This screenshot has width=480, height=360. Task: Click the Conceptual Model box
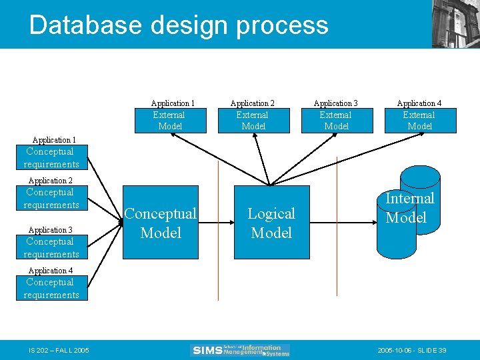click(x=161, y=223)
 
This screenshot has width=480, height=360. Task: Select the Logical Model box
click(x=271, y=223)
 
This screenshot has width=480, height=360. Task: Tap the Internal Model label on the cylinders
click(x=409, y=207)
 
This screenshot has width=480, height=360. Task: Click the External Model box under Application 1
click(x=170, y=121)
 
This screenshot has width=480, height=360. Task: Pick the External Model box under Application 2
click(x=253, y=121)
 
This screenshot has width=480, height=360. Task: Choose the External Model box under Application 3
click(x=336, y=121)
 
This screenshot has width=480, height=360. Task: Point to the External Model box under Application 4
click(x=419, y=121)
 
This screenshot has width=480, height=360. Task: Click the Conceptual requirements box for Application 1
click(x=51, y=158)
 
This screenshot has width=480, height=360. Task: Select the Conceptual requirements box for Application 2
click(x=51, y=199)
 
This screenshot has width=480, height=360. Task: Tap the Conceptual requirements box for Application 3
click(x=51, y=248)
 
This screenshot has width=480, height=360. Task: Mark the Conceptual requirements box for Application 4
click(x=51, y=289)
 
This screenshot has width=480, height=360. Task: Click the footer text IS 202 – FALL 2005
click(x=59, y=350)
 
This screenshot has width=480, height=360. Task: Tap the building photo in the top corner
click(x=455, y=24)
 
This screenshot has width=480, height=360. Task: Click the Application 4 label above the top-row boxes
click(x=419, y=103)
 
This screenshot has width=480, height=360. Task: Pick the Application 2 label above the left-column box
click(x=51, y=181)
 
